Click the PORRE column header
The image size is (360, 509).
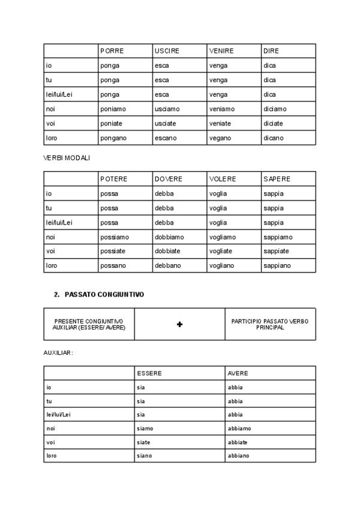coord(112,51)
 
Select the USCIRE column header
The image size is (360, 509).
coord(167,51)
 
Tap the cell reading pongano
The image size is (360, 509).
coord(113,138)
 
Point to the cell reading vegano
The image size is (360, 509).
coord(220,138)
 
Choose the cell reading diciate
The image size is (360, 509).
coord(273,124)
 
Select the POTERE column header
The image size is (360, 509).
coord(114,179)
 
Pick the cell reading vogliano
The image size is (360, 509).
coord(223,266)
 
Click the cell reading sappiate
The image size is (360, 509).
coord(276,251)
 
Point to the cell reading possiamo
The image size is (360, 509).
coord(115,237)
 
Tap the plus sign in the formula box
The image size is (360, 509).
coord(179,324)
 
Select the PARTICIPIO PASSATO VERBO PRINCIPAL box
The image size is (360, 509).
coord(270,324)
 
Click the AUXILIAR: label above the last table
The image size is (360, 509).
coord(58,352)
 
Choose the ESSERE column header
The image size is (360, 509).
coord(149,373)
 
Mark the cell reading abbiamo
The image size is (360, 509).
coord(239,429)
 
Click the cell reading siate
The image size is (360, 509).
coord(143,442)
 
